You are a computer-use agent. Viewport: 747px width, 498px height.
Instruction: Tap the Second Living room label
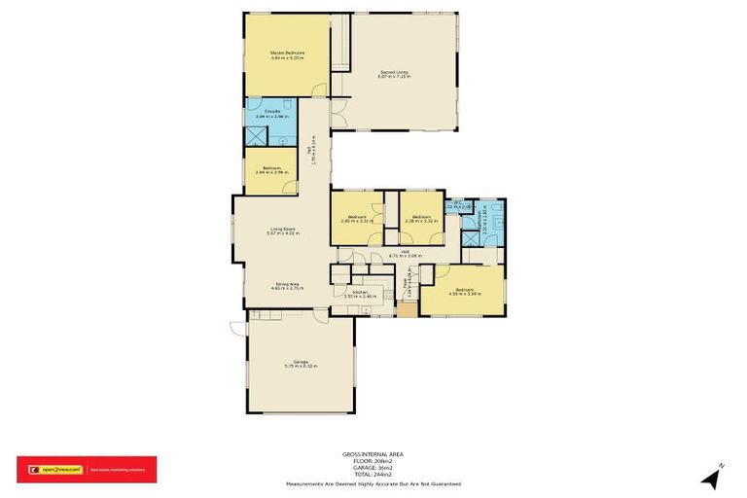(x=394, y=74)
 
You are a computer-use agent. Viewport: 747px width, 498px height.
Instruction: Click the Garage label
(x=301, y=365)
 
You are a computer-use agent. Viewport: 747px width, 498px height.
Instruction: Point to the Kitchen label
(x=360, y=294)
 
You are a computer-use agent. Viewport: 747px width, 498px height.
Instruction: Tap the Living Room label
(x=282, y=231)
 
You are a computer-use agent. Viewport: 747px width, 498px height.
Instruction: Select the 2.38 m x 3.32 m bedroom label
(x=421, y=220)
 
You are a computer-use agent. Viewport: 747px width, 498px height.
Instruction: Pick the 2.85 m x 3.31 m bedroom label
(x=356, y=220)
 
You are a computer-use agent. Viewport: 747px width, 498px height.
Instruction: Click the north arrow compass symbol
(x=713, y=476)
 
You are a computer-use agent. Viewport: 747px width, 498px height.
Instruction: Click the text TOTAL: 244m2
(x=373, y=475)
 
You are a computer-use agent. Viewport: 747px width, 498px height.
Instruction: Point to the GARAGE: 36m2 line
(x=373, y=467)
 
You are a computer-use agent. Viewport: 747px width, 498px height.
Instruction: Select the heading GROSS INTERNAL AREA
(x=373, y=453)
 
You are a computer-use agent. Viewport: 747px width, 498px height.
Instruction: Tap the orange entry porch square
(x=407, y=309)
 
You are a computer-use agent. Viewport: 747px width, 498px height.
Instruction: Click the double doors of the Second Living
(x=337, y=118)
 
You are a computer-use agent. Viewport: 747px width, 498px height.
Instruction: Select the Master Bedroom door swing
(x=318, y=92)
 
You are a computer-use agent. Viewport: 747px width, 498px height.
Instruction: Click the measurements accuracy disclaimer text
(x=373, y=483)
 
